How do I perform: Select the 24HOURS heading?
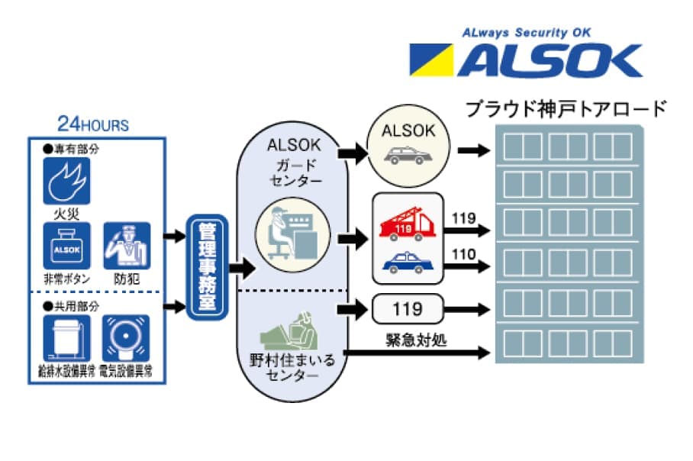tap(93, 124)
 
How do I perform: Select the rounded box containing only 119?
tap(408, 310)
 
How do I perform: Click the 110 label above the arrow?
tap(463, 254)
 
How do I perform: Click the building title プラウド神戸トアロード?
tap(566, 109)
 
